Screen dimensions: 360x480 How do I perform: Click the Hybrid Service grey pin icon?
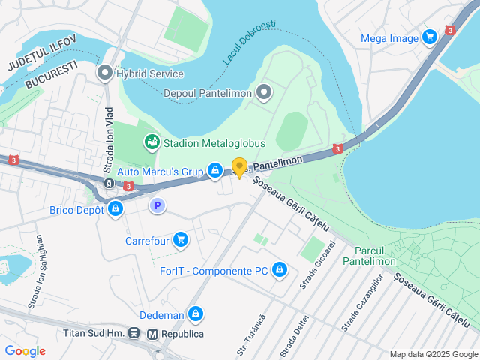coord(104,73)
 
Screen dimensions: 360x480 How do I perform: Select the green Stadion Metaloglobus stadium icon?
coord(151,142)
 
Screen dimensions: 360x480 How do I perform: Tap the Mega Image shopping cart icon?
coord(429,37)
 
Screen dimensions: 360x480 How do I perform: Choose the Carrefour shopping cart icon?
coord(180,240)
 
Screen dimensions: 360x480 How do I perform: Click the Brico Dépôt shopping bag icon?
coord(115,210)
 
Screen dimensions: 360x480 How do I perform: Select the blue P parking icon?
coord(157,205)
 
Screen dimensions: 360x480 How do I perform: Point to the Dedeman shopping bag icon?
coord(196,313)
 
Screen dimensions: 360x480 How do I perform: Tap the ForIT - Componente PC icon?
coord(280,269)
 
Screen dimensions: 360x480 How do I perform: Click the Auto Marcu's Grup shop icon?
coord(215,172)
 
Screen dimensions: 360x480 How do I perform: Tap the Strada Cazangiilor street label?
coord(362,303)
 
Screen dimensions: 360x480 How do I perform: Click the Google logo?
coord(25,350)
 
